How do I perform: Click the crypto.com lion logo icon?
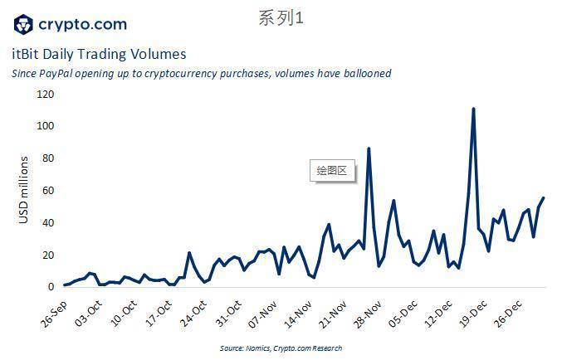click(x=24, y=25)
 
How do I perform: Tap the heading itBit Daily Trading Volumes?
click(x=99, y=54)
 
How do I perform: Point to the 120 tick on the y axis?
click(x=45, y=94)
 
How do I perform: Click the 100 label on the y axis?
click(x=45, y=126)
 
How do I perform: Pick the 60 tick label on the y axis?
click(x=47, y=191)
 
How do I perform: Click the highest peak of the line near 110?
click(x=473, y=109)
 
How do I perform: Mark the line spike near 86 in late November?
click(x=369, y=148)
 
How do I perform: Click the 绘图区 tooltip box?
click(x=331, y=172)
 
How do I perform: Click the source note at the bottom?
click(x=281, y=348)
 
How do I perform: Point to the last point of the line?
click(x=544, y=198)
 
